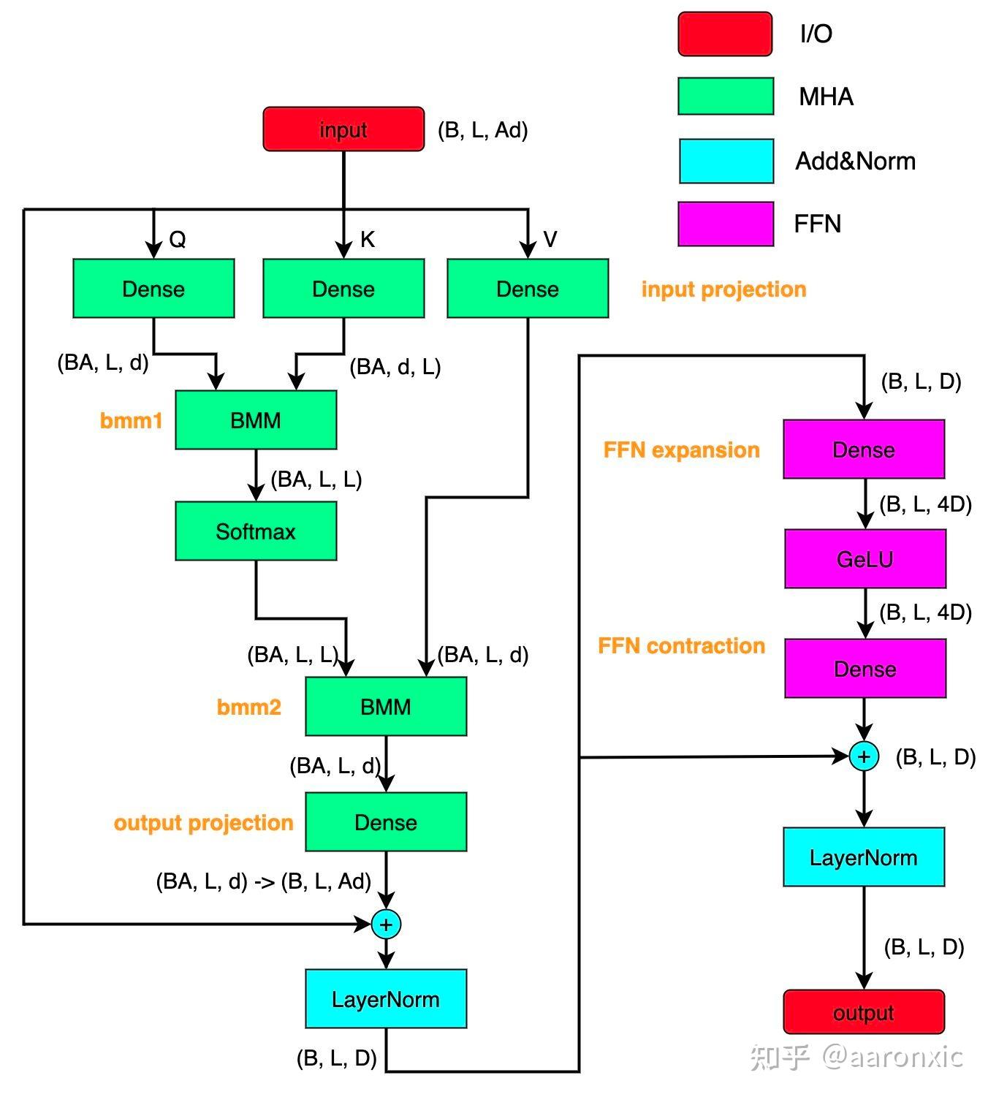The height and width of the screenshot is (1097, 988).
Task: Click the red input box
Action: [x=343, y=129]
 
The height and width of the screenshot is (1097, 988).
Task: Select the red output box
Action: [x=864, y=1012]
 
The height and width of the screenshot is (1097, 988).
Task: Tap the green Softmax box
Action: [x=256, y=531]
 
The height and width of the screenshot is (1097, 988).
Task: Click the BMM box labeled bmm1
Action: [x=256, y=420]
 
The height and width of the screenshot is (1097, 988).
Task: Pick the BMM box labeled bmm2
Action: [x=386, y=707]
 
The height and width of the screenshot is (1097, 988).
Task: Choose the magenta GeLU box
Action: [x=865, y=559]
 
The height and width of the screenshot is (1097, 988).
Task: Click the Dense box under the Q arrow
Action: [x=153, y=289]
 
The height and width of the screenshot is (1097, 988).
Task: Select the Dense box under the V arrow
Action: [x=528, y=289]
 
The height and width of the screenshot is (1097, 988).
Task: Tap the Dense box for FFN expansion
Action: [x=864, y=449]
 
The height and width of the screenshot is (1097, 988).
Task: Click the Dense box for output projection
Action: [x=386, y=822]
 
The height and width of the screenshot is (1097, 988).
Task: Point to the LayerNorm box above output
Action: [x=864, y=857]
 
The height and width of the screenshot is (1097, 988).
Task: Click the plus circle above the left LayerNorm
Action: [x=386, y=925]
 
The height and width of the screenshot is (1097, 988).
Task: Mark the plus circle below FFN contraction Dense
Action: [x=864, y=756]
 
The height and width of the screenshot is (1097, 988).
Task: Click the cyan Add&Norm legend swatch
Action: [x=726, y=161]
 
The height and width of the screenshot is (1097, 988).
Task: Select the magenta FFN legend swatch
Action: [x=726, y=224]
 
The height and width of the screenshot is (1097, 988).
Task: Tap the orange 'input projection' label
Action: [x=723, y=289]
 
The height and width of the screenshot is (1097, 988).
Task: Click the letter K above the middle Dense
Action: [x=367, y=240]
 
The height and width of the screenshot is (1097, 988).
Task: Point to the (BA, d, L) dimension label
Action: [x=395, y=367]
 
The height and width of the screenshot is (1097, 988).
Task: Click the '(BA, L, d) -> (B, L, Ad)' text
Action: [x=264, y=881]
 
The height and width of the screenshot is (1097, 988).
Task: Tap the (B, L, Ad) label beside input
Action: [x=482, y=130]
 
